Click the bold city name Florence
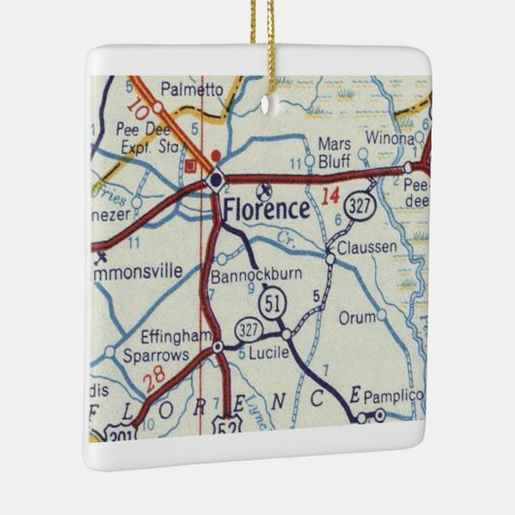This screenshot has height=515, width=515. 266,208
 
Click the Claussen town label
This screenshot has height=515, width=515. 366,248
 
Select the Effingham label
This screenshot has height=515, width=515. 176,336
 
